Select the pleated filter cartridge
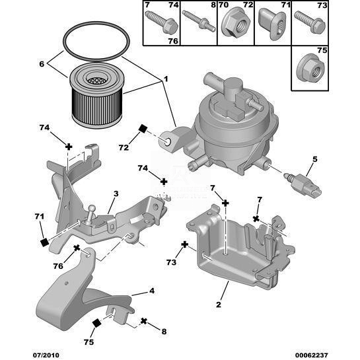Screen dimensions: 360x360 click(x=96, y=95)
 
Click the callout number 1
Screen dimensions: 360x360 click(x=166, y=79)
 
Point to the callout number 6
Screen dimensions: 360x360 click(x=42, y=64)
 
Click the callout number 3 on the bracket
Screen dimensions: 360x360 click(x=116, y=194)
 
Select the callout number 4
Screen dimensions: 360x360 click(x=152, y=291)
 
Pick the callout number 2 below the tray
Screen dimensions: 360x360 click(x=219, y=305)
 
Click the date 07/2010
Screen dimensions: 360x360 click(x=45, y=355)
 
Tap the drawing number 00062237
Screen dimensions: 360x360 click(x=311, y=355)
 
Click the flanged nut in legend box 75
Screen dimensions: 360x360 click(x=310, y=69)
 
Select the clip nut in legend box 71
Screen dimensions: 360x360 click(x=273, y=24)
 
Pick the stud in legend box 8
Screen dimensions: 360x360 click(x=199, y=21)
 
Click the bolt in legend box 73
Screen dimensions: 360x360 click(x=310, y=22)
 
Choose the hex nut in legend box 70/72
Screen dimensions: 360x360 click(x=236, y=22)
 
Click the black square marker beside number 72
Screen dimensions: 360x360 click(x=143, y=129)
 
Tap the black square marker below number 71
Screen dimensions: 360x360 click(x=44, y=242)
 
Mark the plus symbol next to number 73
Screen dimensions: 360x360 click(x=184, y=244)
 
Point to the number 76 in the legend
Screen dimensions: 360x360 click(x=173, y=41)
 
